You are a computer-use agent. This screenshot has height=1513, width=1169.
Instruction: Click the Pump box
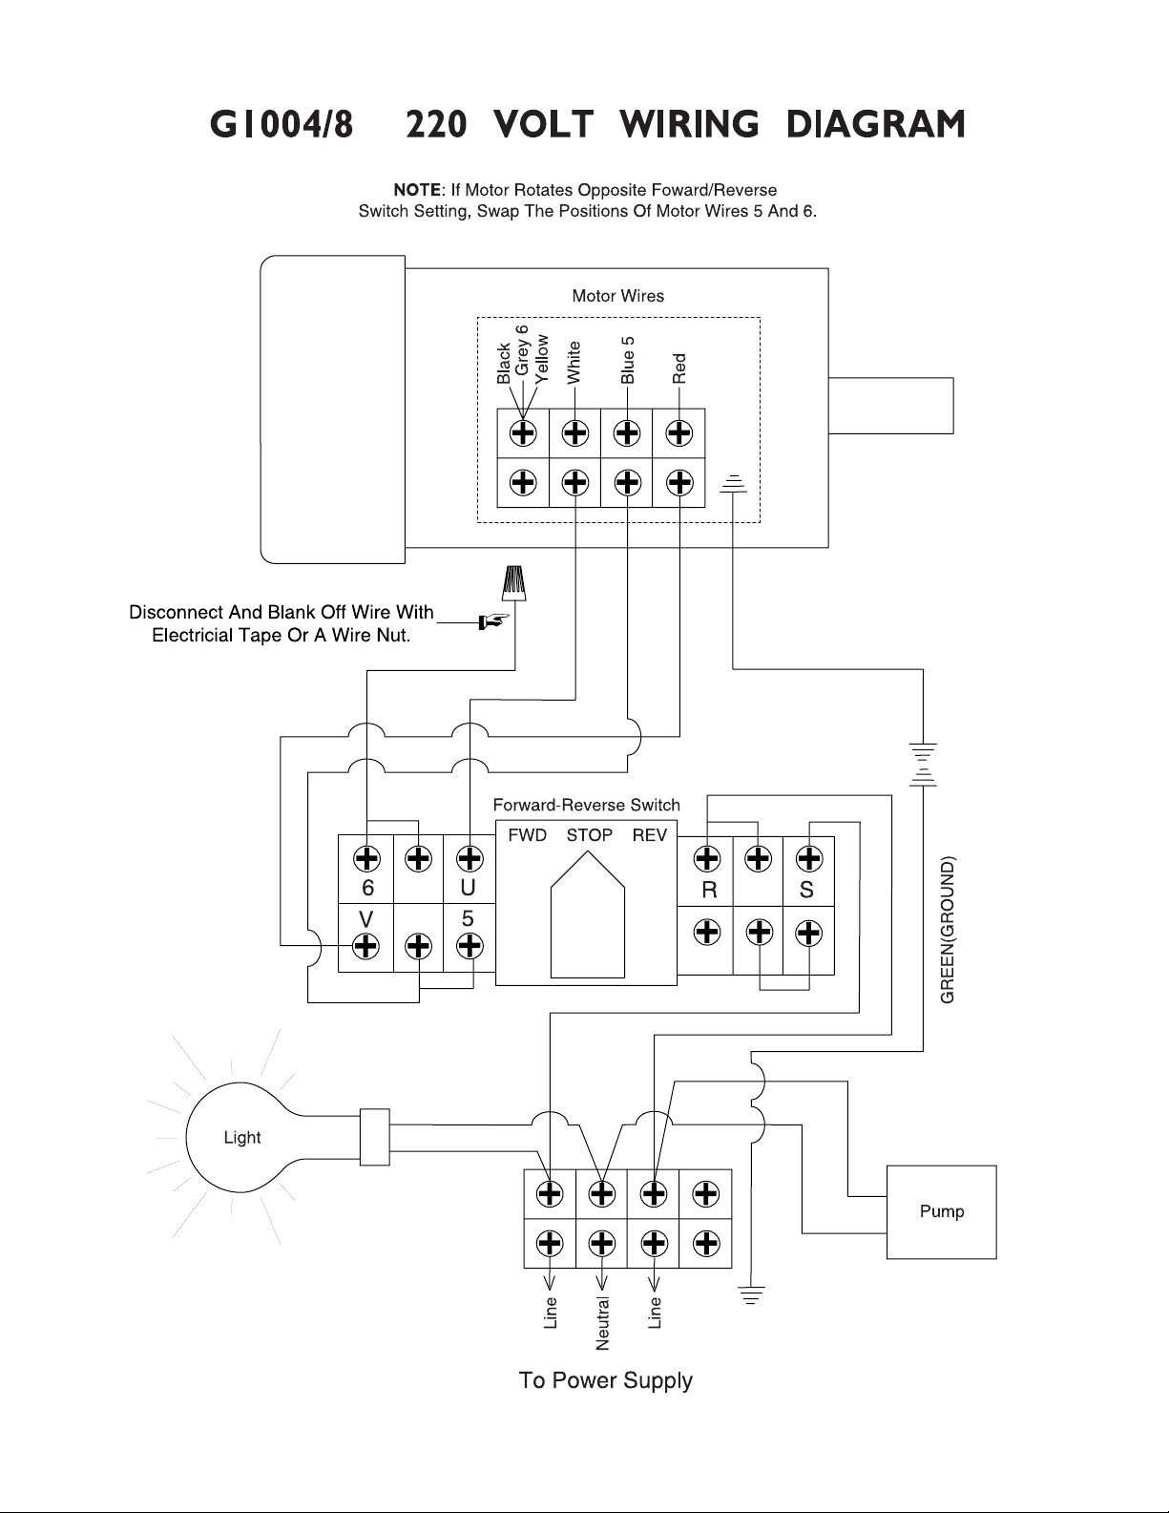click(941, 1212)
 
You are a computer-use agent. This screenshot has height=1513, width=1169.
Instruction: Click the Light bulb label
click(242, 1138)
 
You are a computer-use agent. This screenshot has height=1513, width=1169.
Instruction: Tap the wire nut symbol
click(513, 583)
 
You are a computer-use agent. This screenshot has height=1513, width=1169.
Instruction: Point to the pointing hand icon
click(493, 620)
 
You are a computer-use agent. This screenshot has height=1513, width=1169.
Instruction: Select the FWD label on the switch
click(528, 835)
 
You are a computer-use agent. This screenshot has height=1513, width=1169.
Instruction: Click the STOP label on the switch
click(590, 835)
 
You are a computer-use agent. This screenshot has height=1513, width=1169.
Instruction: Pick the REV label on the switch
click(650, 835)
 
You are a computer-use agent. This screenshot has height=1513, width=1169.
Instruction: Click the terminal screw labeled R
click(707, 858)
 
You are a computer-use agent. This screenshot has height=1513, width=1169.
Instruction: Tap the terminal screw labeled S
click(808, 858)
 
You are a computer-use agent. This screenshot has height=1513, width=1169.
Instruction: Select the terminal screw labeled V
click(366, 946)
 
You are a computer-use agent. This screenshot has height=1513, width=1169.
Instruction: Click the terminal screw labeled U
click(470, 858)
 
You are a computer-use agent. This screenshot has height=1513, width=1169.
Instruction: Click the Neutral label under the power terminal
click(602, 1323)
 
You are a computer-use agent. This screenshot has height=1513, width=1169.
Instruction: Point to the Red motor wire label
click(679, 368)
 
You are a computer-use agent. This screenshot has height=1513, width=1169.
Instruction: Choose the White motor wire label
click(574, 362)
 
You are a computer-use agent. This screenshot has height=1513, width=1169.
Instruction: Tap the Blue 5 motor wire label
click(628, 360)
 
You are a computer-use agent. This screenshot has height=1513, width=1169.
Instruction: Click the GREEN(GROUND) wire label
click(948, 930)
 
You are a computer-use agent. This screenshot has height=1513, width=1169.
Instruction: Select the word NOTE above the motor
click(418, 190)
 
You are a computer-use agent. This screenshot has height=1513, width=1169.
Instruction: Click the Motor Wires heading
click(618, 296)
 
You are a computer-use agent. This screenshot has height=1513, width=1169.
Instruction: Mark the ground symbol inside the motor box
click(733, 484)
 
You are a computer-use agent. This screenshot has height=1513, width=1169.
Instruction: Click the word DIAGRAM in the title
click(875, 125)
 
